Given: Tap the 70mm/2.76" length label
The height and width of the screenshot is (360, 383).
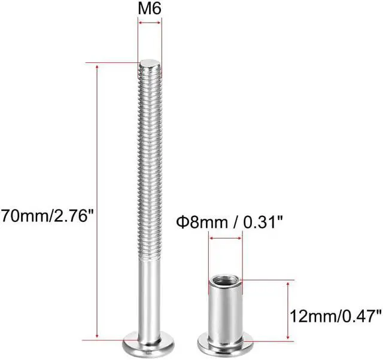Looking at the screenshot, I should point(48,214).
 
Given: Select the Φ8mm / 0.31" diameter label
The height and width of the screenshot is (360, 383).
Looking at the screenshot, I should point(229,222).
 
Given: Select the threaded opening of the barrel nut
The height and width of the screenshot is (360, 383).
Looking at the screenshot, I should point(226,279).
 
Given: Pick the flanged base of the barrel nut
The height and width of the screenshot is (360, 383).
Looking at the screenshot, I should point(226,346).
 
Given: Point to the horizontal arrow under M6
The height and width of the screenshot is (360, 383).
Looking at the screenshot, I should point(150,23).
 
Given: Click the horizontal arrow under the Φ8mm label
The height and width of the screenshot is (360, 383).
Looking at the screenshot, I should point(226,238).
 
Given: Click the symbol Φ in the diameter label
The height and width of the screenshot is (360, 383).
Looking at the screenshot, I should point(181,222).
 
